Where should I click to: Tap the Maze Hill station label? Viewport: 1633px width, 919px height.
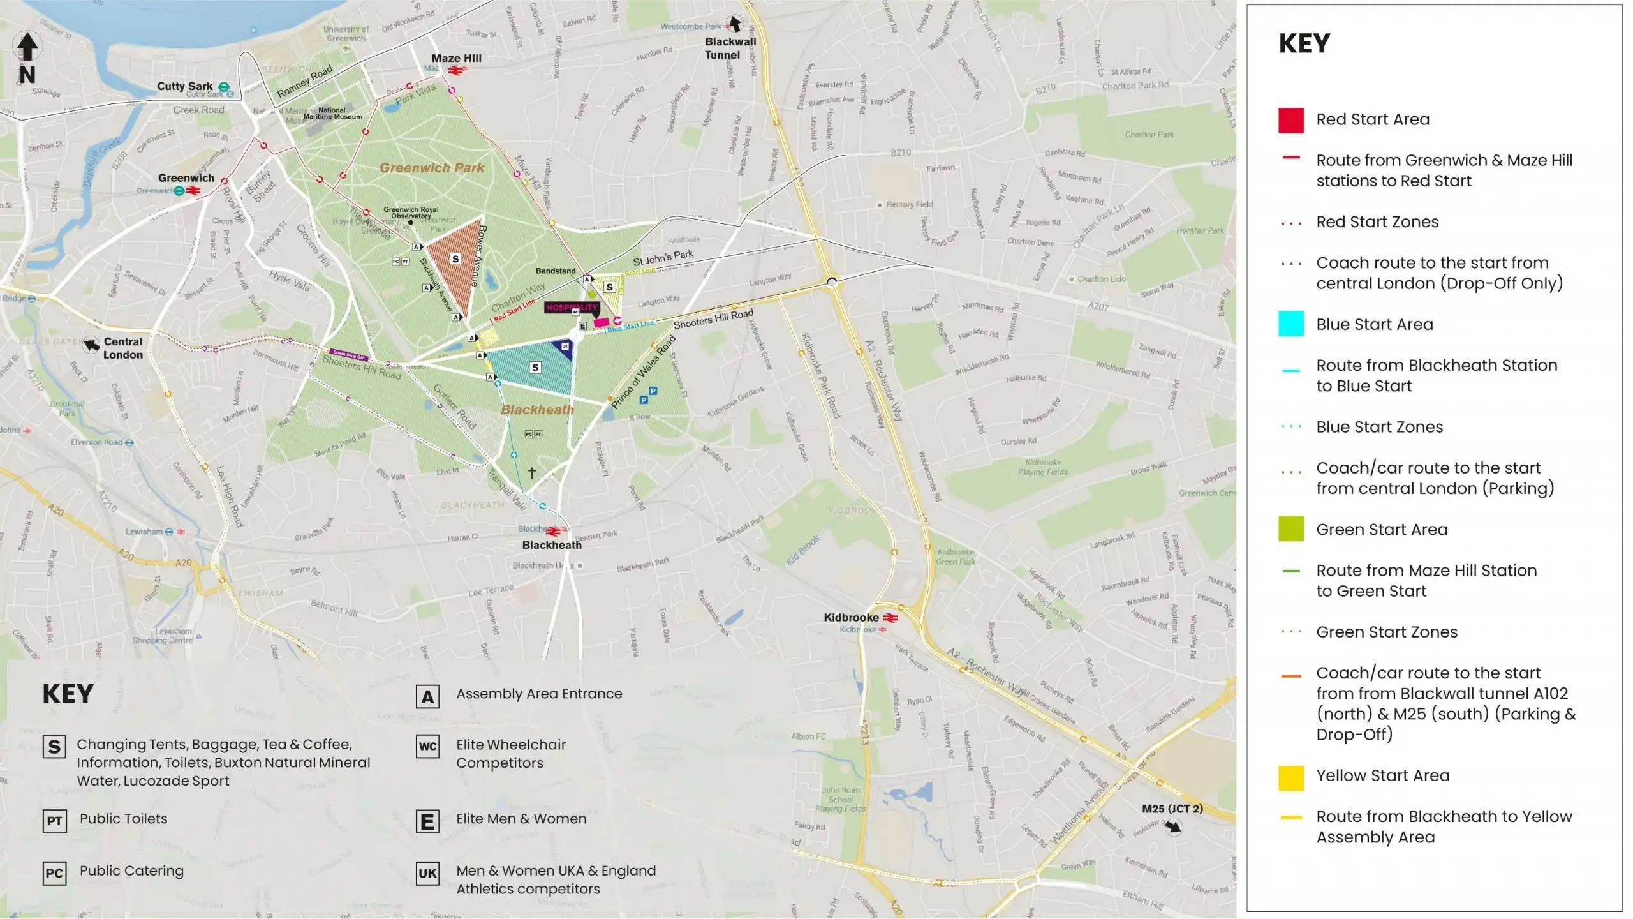[456, 58]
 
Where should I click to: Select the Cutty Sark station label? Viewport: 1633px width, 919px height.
[185, 86]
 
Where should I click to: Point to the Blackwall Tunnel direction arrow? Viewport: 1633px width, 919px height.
[735, 24]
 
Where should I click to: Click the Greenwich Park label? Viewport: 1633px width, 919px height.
[432, 168]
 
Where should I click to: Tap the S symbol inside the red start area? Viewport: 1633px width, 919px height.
[455, 258]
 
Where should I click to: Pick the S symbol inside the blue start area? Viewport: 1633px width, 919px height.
[535, 367]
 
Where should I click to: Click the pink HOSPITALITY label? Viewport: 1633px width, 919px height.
[571, 308]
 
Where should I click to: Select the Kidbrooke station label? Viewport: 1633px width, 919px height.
[851, 617]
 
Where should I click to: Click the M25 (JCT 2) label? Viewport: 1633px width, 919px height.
[1172, 809]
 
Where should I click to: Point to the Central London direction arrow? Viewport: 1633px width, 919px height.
[92, 345]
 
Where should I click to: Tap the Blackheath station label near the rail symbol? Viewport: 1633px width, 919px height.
[552, 545]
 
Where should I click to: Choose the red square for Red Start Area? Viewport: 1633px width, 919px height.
[1290, 120]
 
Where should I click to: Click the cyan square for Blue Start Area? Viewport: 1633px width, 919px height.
[1290, 324]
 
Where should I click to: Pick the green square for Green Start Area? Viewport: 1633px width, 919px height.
[1290, 530]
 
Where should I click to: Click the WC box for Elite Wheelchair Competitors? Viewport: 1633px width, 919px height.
[427, 746]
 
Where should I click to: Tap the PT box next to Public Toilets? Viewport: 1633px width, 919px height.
[54, 820]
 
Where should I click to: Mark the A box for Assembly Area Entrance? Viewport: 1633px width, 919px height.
[427, 696]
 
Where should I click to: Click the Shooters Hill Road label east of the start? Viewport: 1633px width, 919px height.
[713, 319]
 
